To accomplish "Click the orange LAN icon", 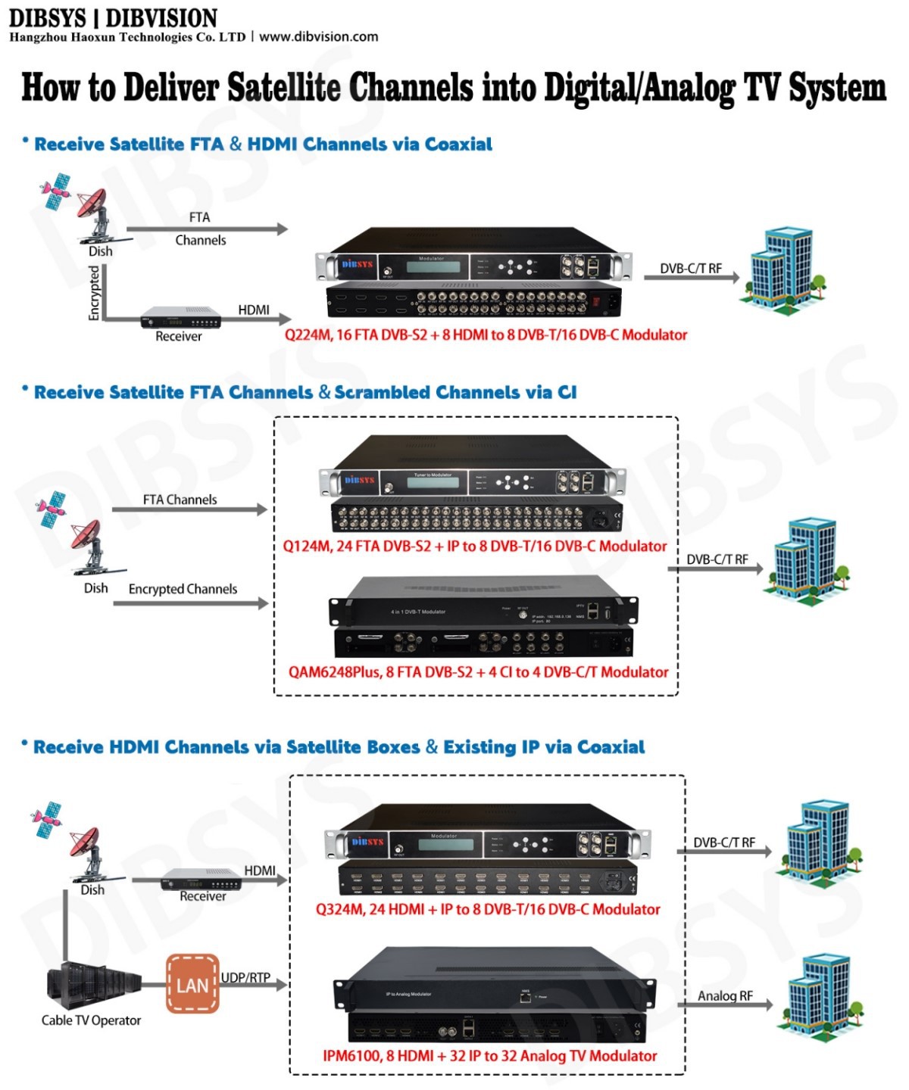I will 192,984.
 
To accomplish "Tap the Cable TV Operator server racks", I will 93,986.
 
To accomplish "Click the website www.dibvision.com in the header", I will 318,37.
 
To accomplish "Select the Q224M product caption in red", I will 486,335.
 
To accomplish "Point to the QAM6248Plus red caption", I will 478,672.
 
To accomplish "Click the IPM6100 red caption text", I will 489,1055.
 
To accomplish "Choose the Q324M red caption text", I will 488,909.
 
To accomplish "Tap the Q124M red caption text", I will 475,546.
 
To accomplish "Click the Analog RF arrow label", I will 725,995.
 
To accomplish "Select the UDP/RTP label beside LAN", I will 245,977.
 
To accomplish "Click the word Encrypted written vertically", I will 94,293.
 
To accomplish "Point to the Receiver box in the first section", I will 180,319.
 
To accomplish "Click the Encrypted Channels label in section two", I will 183,589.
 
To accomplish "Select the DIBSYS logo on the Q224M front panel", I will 357,264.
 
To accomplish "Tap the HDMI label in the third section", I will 260,870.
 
